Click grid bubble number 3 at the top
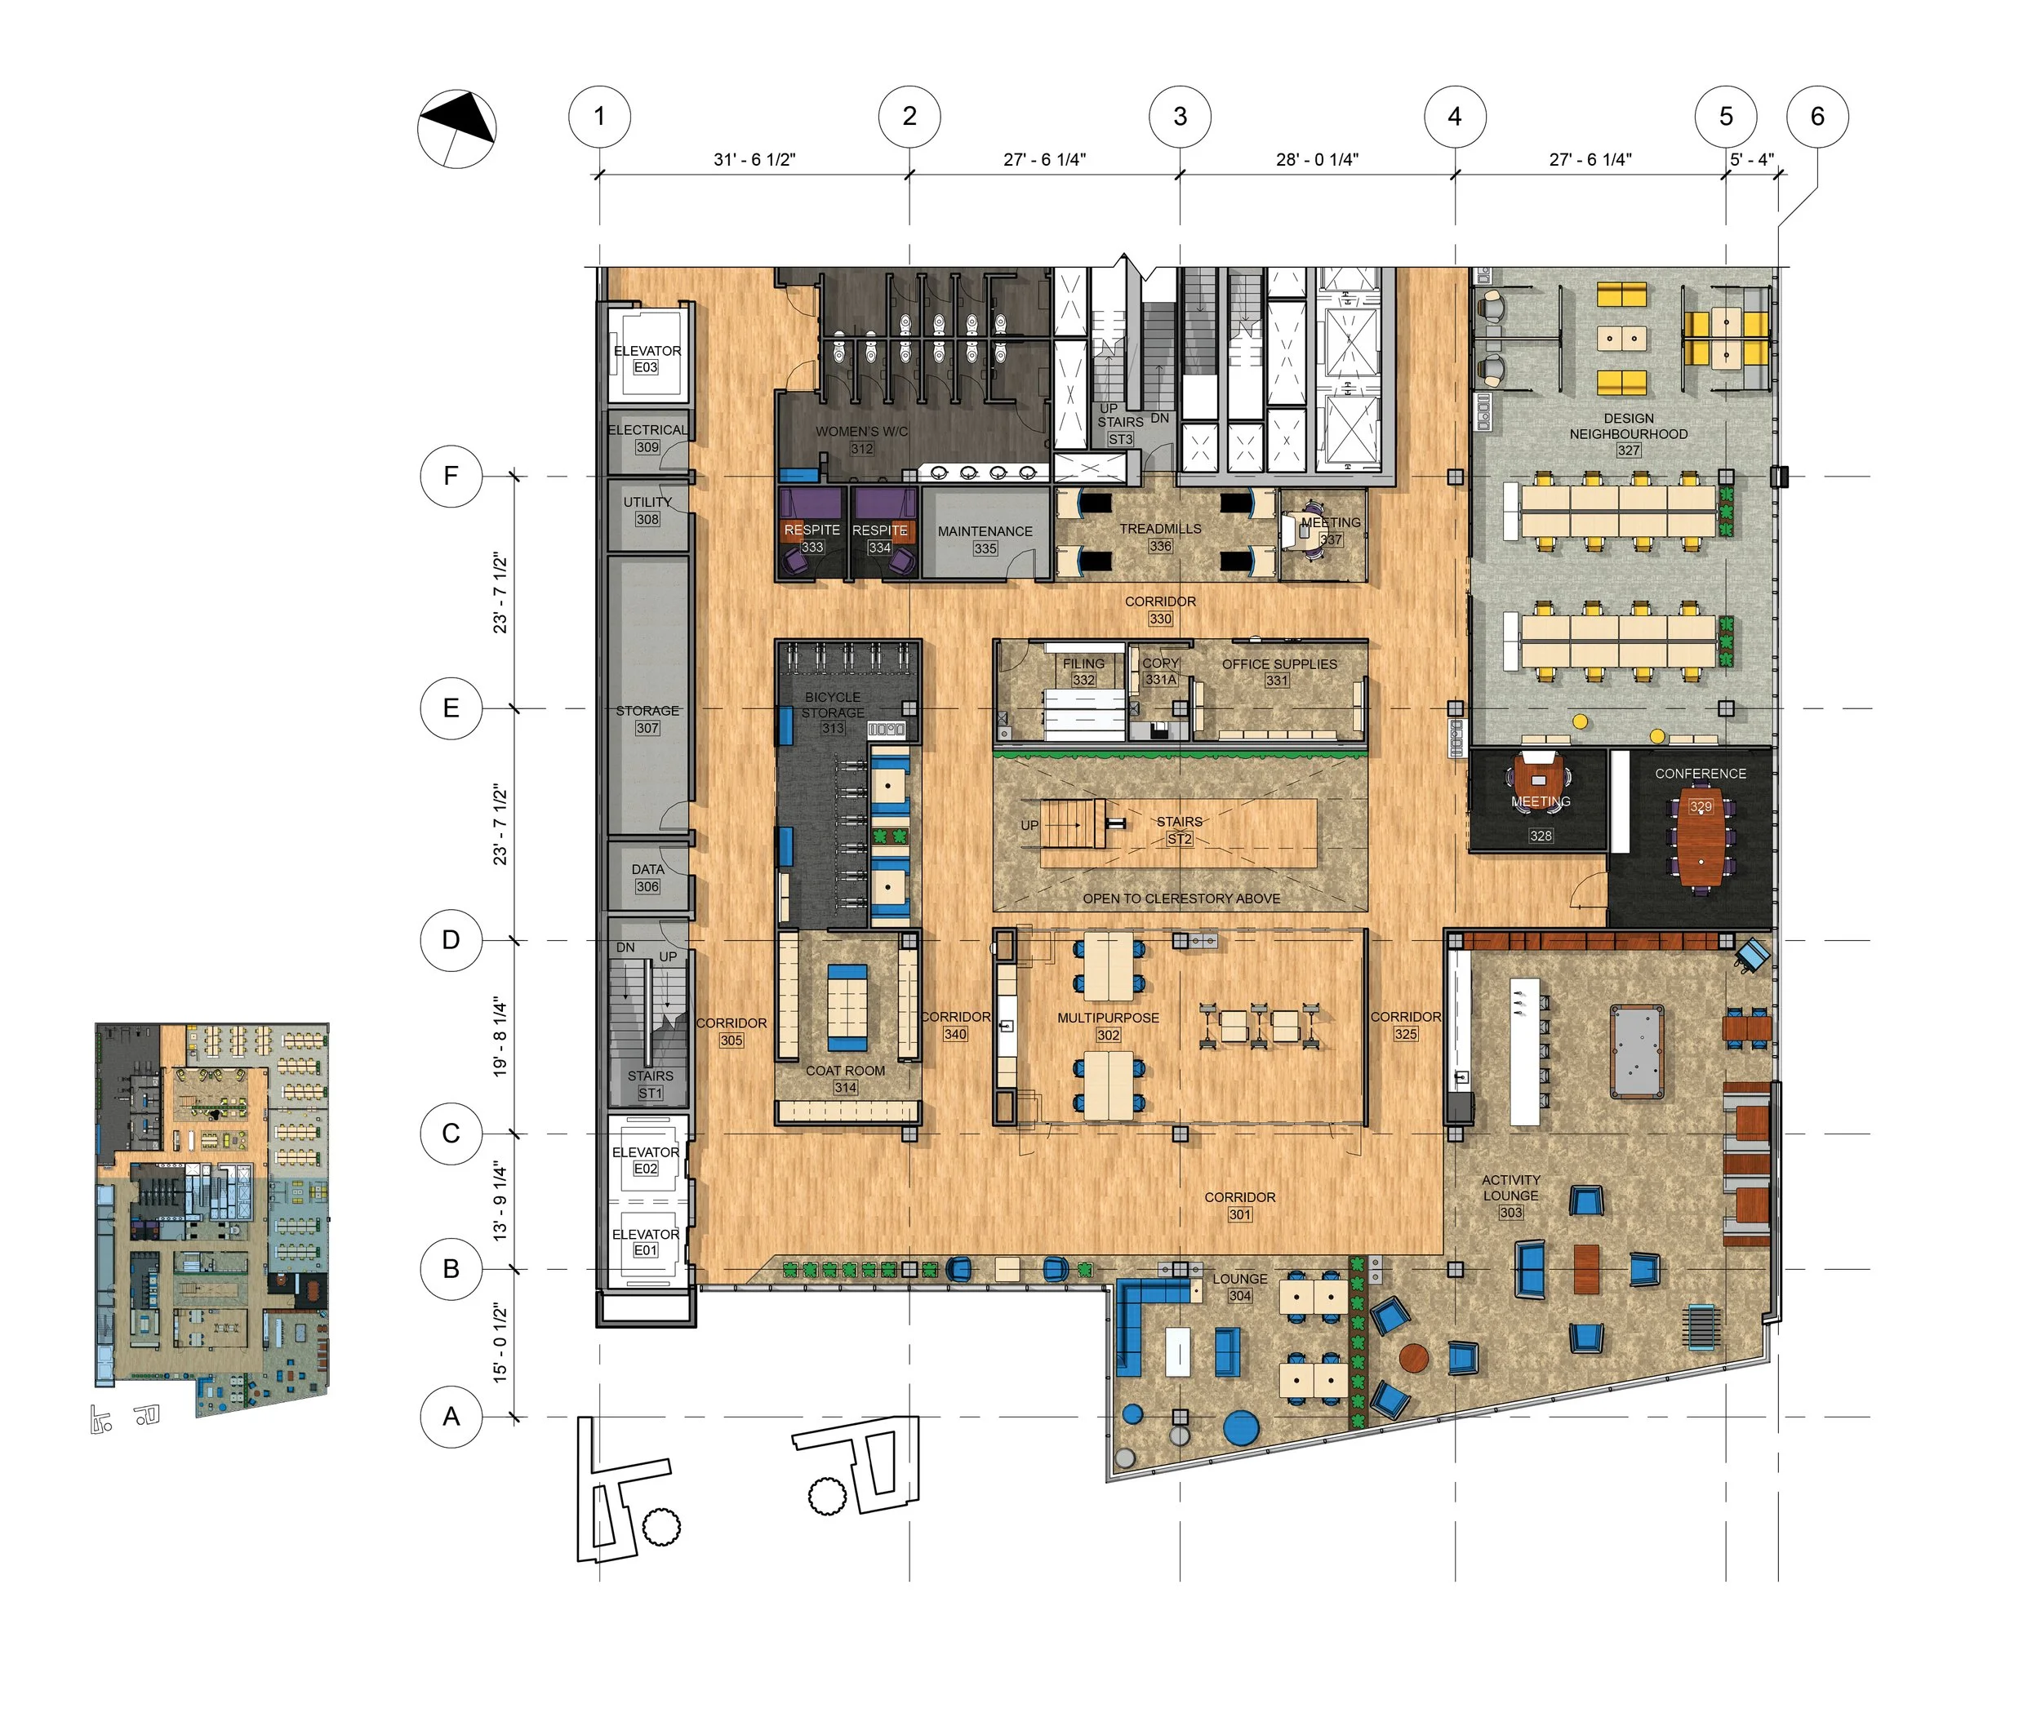(x=1179, y=117)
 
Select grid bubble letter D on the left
(x=451, y=939)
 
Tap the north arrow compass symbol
(x=456, y=128)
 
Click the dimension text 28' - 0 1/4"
(x=1316, y=159)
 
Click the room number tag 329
(x=1701, y=807)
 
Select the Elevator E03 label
(x=646, y=358)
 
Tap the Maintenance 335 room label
(x=985, y=539)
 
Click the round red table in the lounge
(x=1413, y=1358)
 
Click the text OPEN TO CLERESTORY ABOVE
(x=1181, y=898)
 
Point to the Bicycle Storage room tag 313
(x=832, y=728)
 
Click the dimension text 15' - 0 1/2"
(x=500, y=1342)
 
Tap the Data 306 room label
(x=647, y=877)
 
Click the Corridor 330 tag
(x=1160, y=619)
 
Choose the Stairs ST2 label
(x=1179, y=830)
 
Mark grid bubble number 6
(x=1816, y=117)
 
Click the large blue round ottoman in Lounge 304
(x=1240, y=1427)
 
